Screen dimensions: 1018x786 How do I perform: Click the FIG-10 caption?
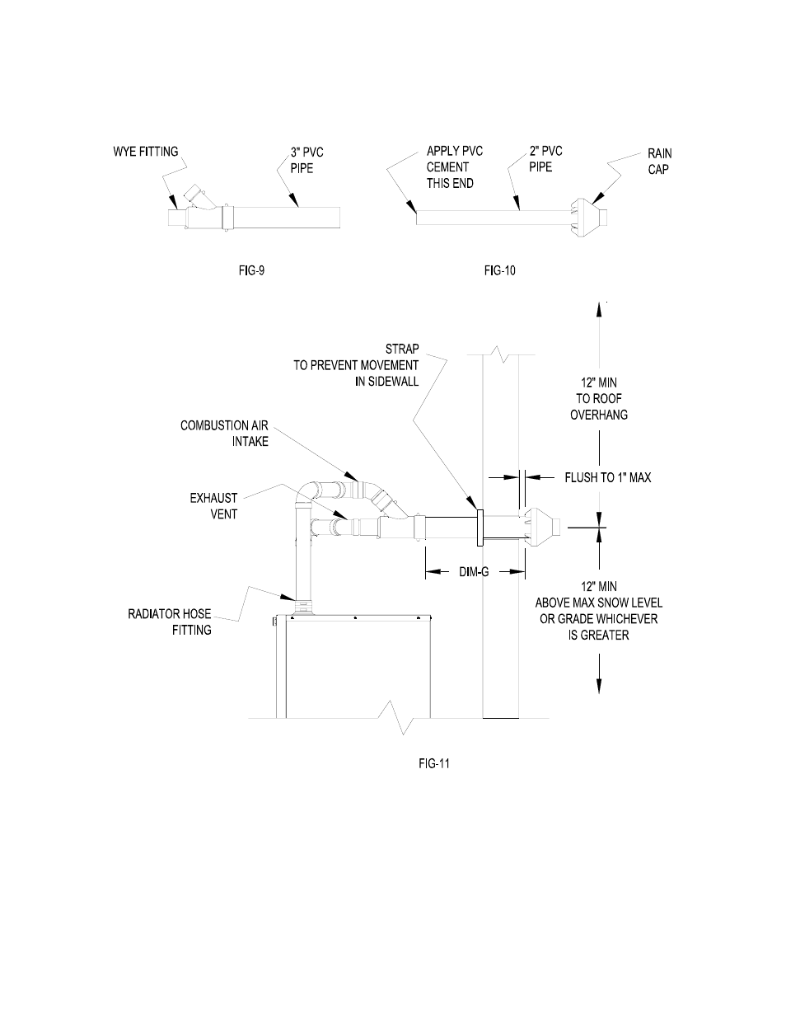pos(499,270)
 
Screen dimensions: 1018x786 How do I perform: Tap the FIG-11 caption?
pos(433,763)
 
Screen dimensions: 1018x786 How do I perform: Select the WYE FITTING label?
pos(145,152)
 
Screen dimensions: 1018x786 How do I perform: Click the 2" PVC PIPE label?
pos(545,159)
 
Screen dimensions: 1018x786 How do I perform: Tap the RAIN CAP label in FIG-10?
pos(659,161)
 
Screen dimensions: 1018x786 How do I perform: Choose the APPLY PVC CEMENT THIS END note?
pos(454,167)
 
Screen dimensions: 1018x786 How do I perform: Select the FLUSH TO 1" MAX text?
pos(607,476)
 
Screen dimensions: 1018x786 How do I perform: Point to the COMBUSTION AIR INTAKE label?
pos(224,434)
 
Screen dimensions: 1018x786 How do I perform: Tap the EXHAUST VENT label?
pos(213,506)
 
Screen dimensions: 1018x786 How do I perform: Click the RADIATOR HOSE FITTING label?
pos(170,622)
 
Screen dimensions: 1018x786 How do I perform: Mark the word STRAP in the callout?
pos(402,349)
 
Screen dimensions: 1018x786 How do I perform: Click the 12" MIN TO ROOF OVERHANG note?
pos(598,399)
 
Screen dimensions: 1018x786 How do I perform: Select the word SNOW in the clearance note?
pos(618,603)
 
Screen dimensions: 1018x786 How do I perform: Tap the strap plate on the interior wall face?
pos(478,527)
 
